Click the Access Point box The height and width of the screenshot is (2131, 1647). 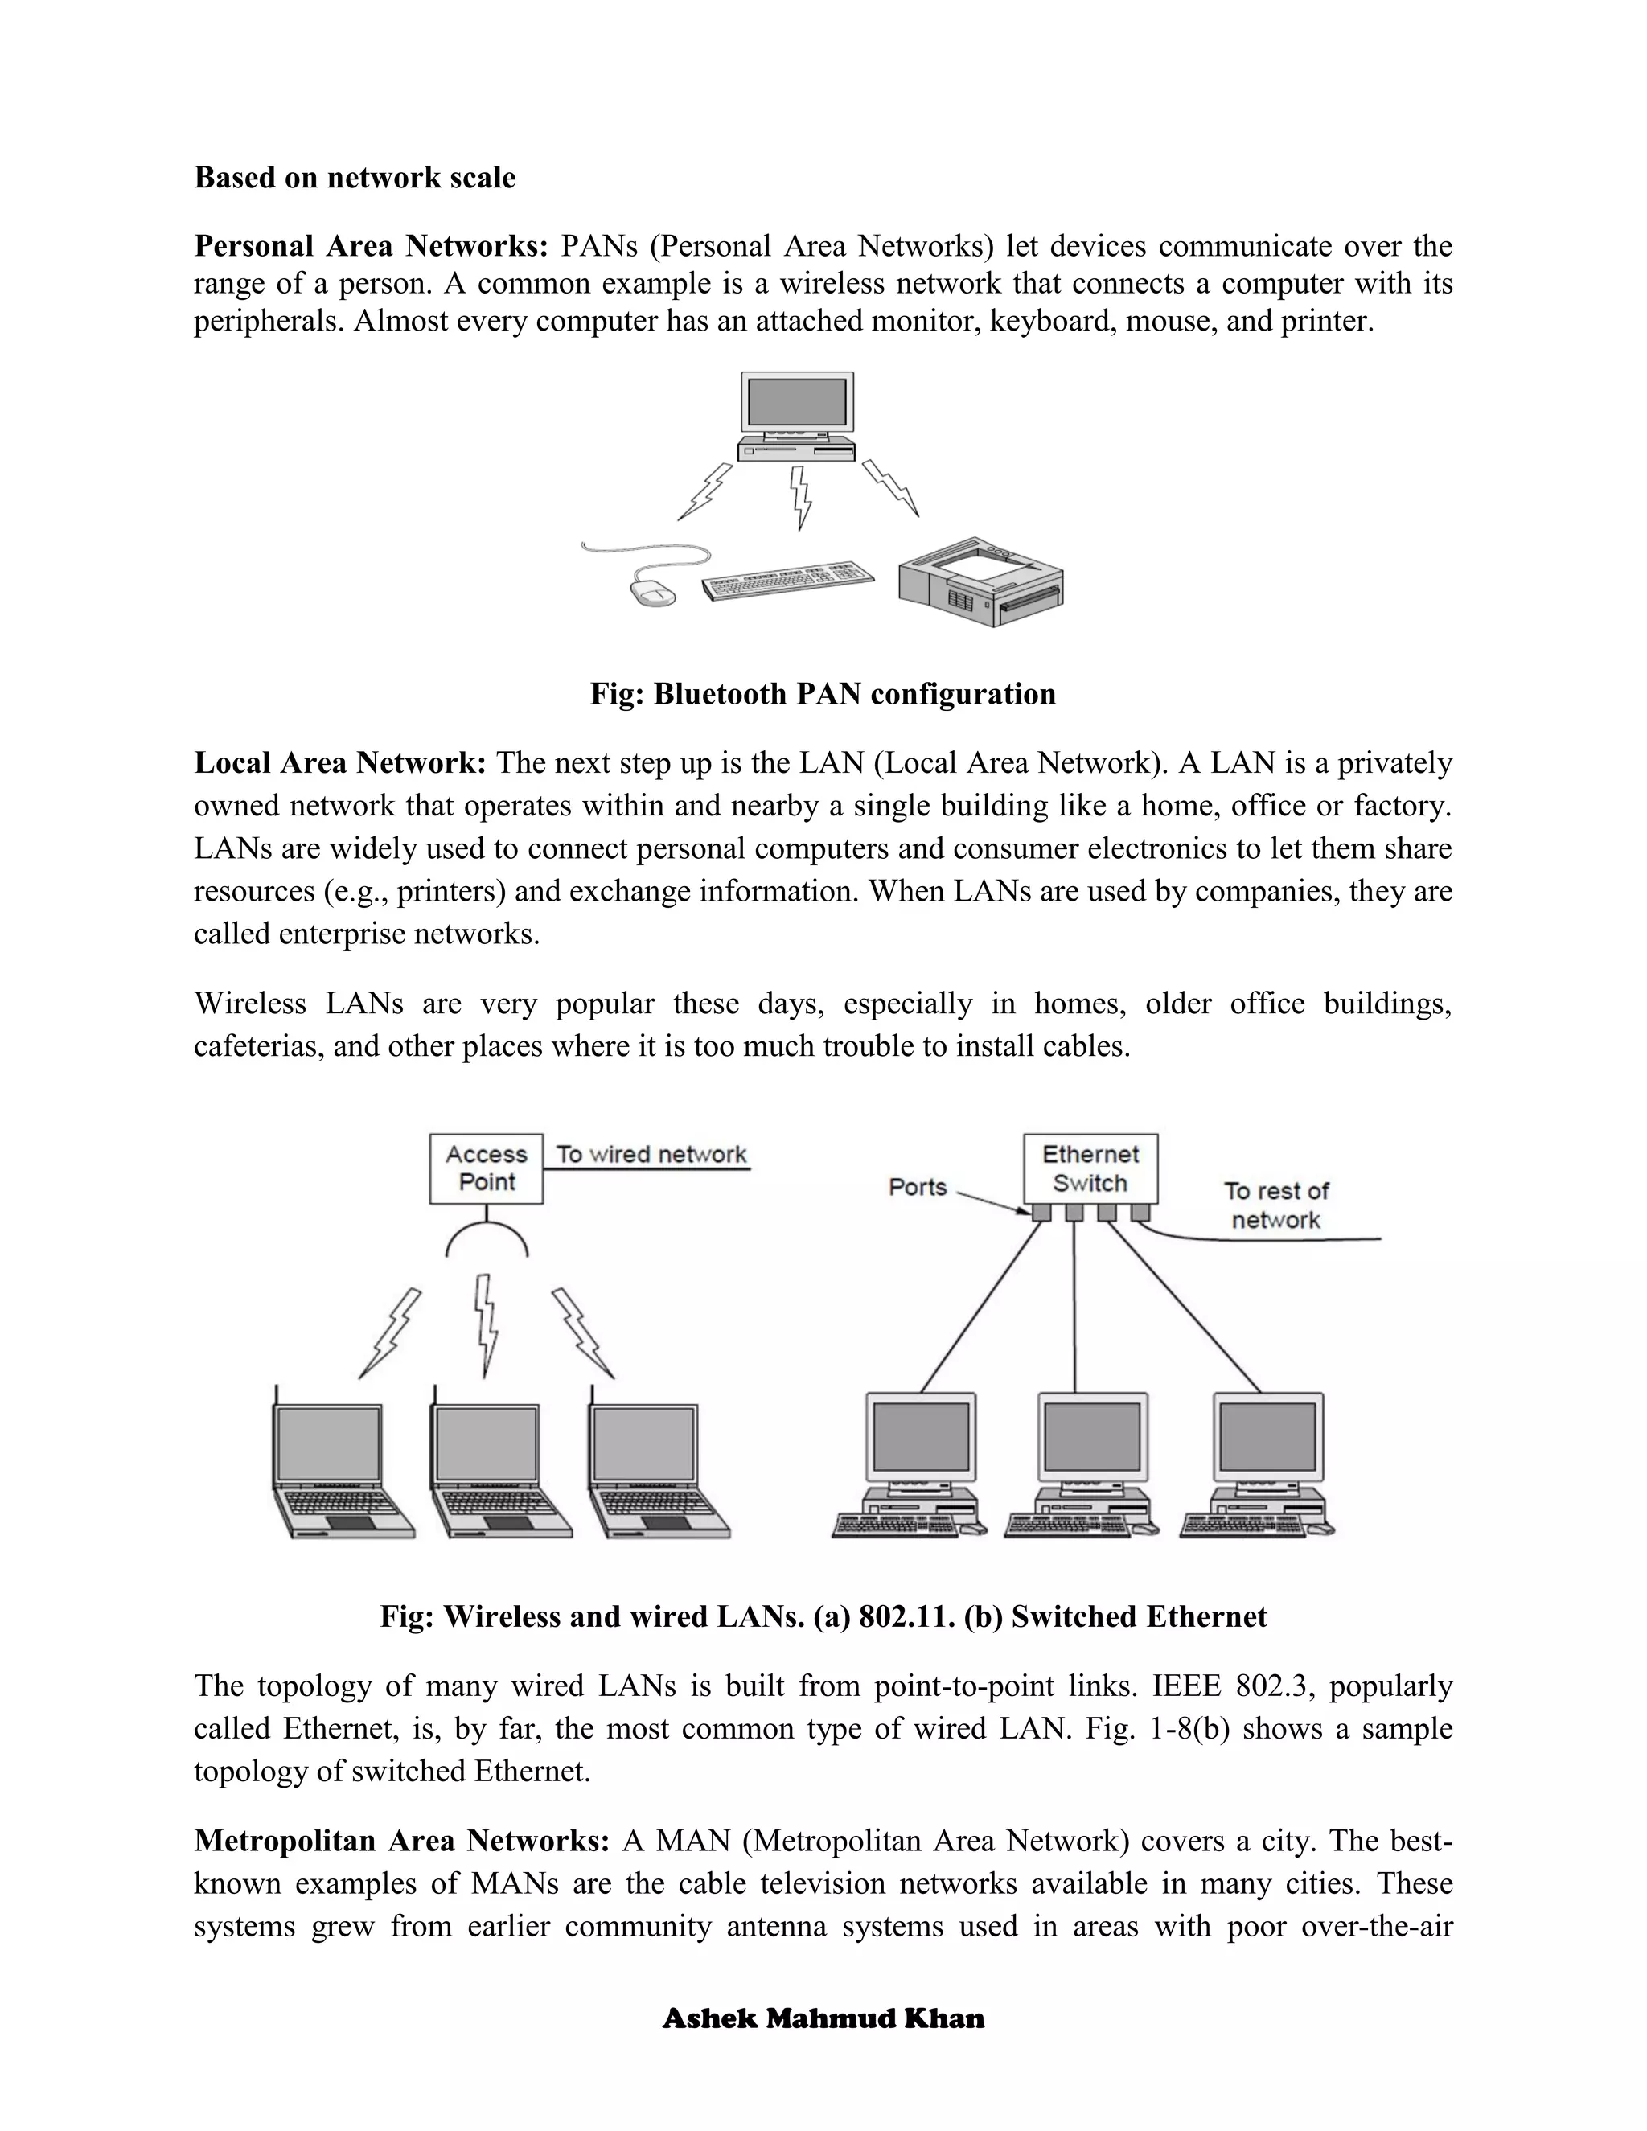[486, 1168]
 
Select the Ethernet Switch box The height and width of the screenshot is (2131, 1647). [1090, 1168]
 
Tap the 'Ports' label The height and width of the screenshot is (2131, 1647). [917, 1186]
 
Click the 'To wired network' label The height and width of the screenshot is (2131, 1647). [651, 1154]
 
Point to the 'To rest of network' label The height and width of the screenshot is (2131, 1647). [1275, 1205]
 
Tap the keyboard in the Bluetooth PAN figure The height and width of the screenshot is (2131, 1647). [787, 581]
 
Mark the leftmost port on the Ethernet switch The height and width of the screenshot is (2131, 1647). [1041, 1212]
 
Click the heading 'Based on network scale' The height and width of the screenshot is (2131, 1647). [355, 178]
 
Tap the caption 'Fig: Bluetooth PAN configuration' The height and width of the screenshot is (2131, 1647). [823, 694]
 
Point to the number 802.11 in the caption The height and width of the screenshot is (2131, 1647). [903, 1617]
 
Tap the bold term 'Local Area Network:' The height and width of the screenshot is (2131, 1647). [339, 762]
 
